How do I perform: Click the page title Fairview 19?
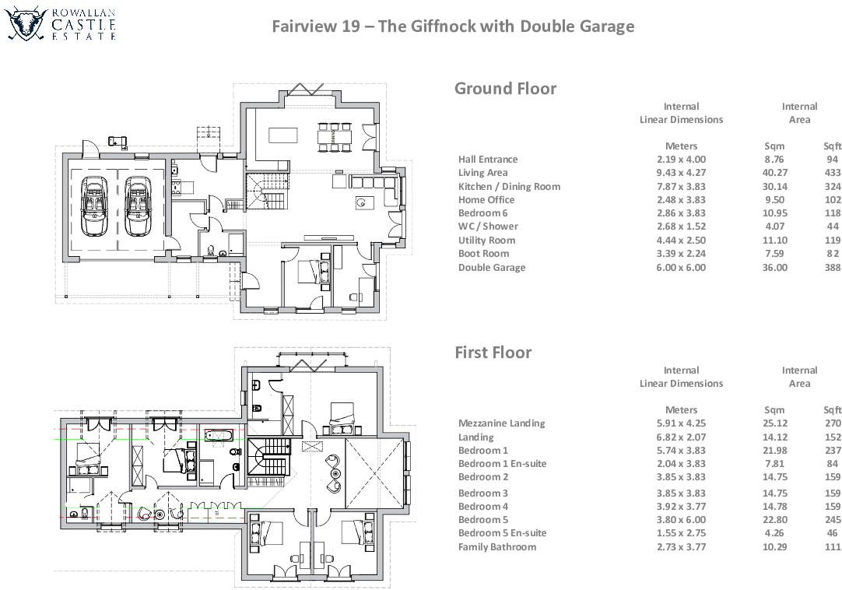tap(453, 26)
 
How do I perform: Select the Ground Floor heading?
tap(505, 89)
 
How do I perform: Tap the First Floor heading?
tap(493, 353)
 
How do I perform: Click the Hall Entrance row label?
tap(487, 160)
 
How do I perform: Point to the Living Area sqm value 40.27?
tap(775, 173)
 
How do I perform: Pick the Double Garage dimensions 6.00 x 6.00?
tap(681, 268)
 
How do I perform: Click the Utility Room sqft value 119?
tap(832, 241)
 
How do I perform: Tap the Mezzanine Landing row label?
tap(501, 423)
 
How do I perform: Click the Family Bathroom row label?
tap(496, 547)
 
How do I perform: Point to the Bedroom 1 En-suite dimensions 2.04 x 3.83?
tap(681, 464)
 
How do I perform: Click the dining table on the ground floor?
tap(335, 135)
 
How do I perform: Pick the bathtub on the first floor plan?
tap(220, 434)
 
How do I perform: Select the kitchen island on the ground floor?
tap(283, 135)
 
